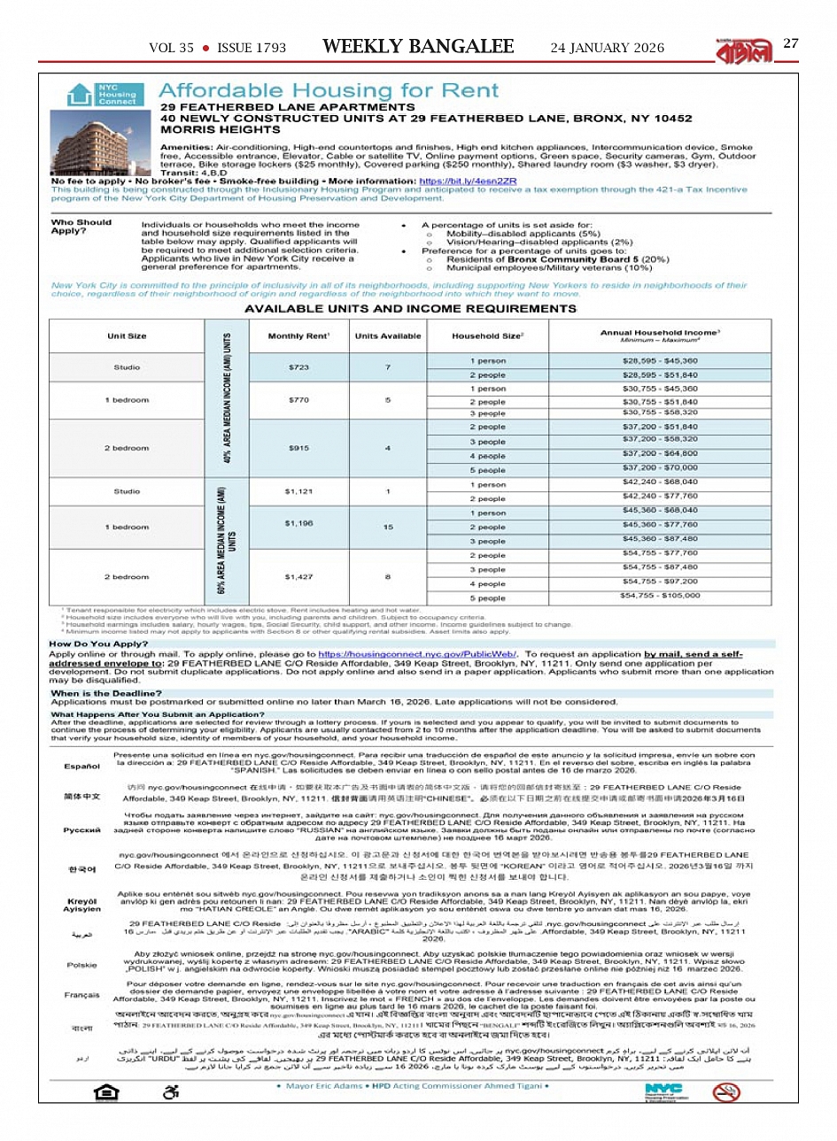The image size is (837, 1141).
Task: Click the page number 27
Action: pyautogui.click(x=791, y=43)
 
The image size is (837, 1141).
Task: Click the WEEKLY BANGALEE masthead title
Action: pyautogui.click(x=418, y=47)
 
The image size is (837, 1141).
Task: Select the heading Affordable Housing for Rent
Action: pyautogui.click(x=329, y=90)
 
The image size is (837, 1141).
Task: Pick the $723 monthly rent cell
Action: pyautogui.click(x=298, y=367)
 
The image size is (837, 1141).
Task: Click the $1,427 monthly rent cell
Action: pyautogui.click(x=298, y=576)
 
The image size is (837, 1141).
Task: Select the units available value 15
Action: pyautogui.click(x=388, y=527)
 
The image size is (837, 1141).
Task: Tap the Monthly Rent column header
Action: pyautogui.click(x=298, y=336)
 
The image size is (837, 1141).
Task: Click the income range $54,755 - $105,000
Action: pyautogui.click(x=660, y=596)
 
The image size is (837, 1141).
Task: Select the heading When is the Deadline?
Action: pyautogui.click(x=106, y=693)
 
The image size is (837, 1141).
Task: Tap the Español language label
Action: pyautogui.click(x=81, y=766)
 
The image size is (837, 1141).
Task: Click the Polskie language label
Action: pyautogui.click(x=81, y=965)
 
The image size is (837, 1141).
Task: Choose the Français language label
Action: pyautogui.click(x=81, y=995)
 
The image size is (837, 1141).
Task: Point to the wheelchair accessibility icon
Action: pyautogui.click(x=172, y=1091)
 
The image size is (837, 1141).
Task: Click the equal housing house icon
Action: pyautogui.click(x=107, y=1091)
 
